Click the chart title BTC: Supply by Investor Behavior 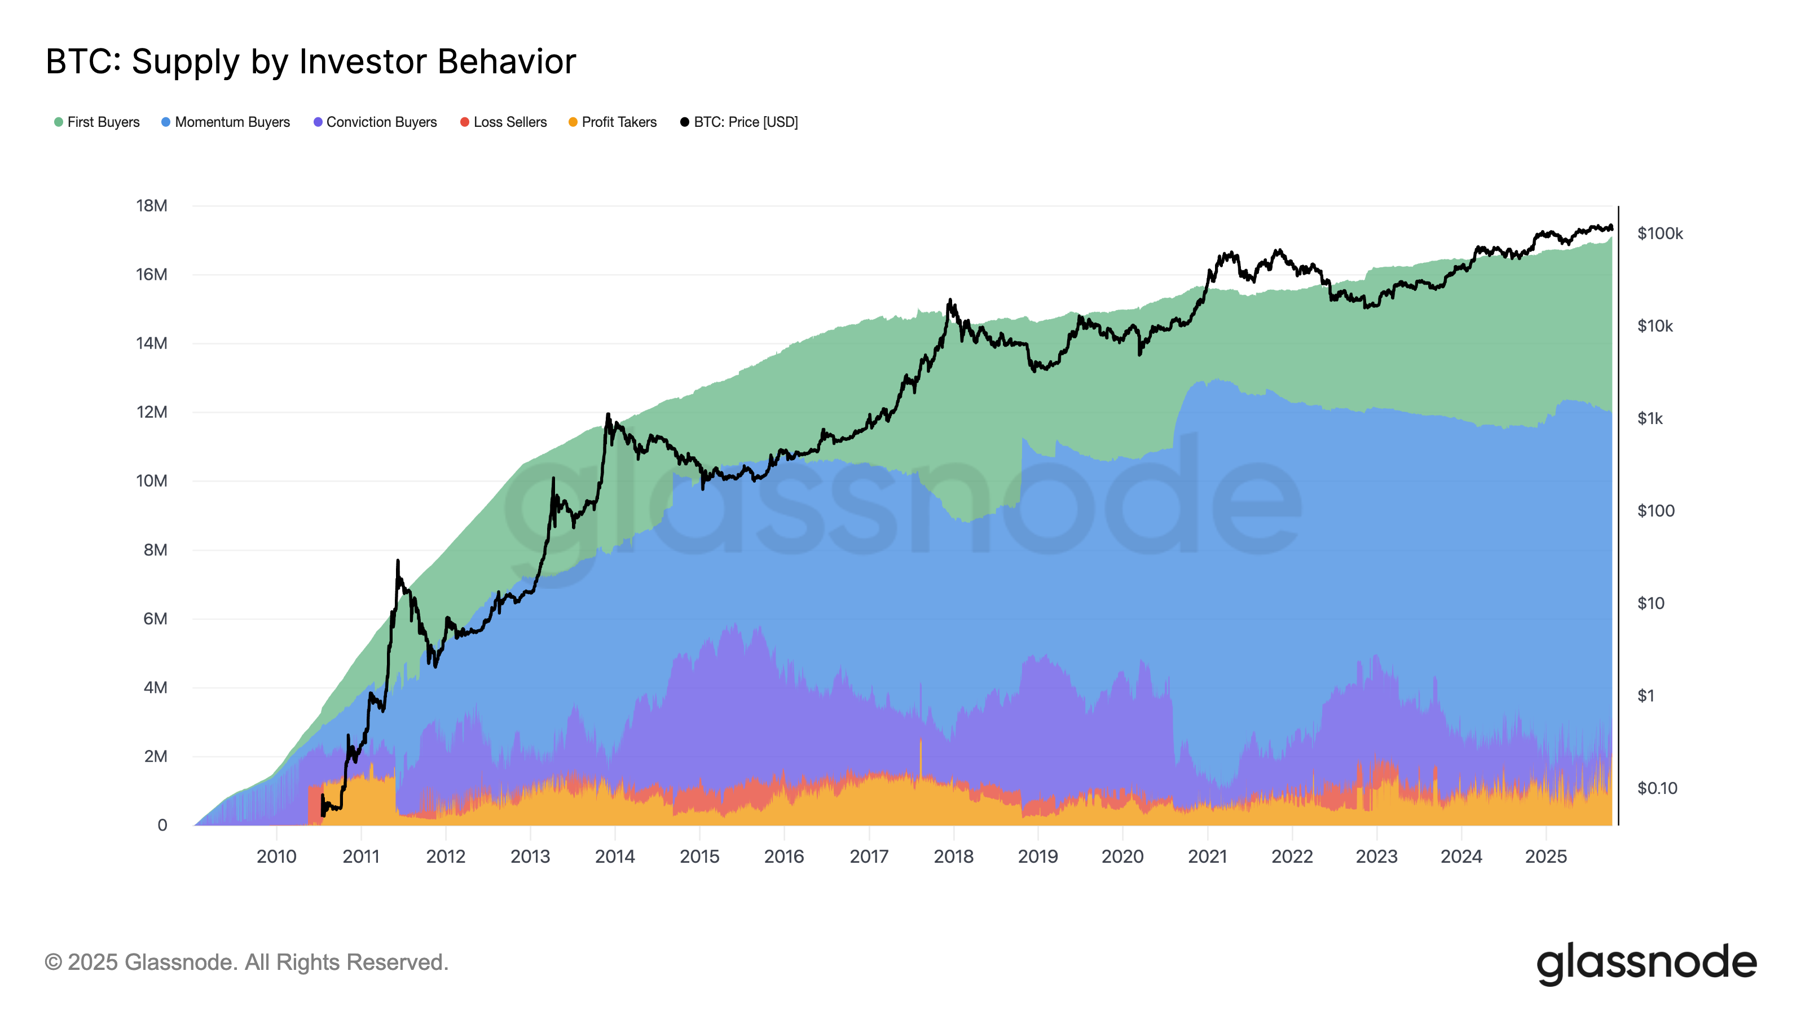pyautogui.click(x=310, y=61)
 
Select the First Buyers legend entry pyautogui.click(x=98, y=122)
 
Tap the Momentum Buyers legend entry pyautogui.click(x=226, y=122)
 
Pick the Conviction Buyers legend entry pyautogui.click(x=376, y=122)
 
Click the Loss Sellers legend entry pyautogui.click(x=504, y=122)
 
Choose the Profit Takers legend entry pyautogui.click(x=613, y=122)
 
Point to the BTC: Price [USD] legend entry pyautogui.click(x=740, y=122)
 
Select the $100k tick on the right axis pyautogui.click(x=1659, y=234)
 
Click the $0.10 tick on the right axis pyautogui.click(x=1657, y=789)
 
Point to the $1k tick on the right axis pyautogui.click(x=1649, y=419)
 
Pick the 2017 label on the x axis pyautogui.click(x=869, y=857)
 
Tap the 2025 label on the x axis pyautogui.click(x=1546, y=857)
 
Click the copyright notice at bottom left pyautogui.click(x=246, y=963)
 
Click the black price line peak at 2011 pyautogui.click(x=398, y=561)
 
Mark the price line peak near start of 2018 pyautogui.click(x=950, y=300)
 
